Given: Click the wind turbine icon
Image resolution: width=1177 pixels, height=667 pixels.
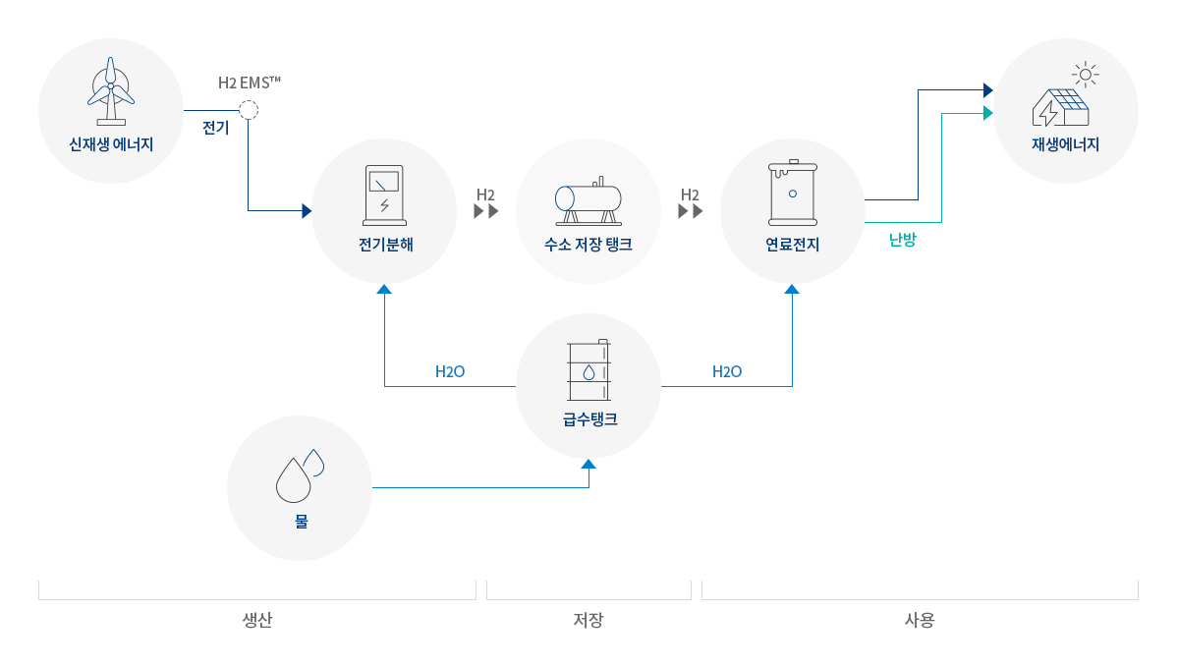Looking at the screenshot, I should (x=111, y=91).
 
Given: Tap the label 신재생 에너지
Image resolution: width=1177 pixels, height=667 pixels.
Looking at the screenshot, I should (x=111, y=144).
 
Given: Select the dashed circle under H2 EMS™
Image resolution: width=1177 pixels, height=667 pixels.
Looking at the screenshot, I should (x=249, y=110).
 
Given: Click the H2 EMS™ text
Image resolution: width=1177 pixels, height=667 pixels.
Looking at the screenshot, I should (x=250, y=83).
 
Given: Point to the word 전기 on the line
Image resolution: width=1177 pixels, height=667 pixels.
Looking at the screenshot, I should (x=215, y=128).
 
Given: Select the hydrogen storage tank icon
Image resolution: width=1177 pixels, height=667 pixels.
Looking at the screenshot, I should (x=588, y=200).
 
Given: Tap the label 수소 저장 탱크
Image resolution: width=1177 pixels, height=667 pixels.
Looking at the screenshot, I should (x=588, y=245).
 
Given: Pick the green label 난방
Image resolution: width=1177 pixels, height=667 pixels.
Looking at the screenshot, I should (x=902, y=239).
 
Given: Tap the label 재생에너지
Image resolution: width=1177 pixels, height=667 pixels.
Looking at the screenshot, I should (x=1065, y=144).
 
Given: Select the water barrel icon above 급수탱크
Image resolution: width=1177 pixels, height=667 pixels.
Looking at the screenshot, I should (x=588, y=370).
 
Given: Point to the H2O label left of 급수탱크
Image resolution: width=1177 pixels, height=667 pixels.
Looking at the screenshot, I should (x=450, y=372).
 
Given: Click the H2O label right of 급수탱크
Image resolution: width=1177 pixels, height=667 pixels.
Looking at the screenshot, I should (x=727, y=372).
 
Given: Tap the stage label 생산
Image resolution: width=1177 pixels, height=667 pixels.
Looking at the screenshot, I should (x=256, y=621).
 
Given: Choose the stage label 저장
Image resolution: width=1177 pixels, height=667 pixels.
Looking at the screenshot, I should (x=588, y=621).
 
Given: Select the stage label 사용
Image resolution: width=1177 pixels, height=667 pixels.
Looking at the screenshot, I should (x=920, y=621).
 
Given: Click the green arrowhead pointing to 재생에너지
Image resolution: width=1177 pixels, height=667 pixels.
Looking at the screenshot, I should (x=987, y=113).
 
